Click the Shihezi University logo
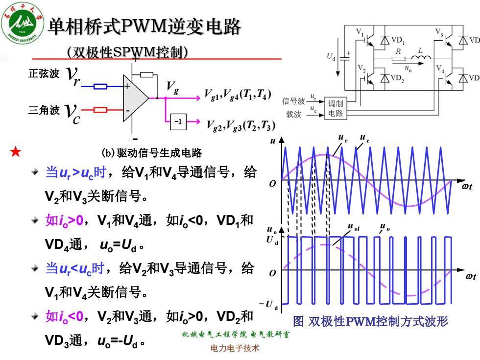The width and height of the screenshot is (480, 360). point(23,23)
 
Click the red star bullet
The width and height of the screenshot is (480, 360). point(15,151)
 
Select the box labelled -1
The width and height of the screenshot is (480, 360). point(178,121)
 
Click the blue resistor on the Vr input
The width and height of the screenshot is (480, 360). point(100,86)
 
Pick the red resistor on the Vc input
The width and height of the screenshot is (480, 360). point(100,110)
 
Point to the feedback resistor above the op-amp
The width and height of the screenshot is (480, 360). point(146,74)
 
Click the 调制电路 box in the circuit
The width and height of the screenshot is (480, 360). point(336,108)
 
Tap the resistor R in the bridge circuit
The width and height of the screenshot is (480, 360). point(399,59)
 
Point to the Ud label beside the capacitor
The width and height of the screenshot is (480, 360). point(331,57)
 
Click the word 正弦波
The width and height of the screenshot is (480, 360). point(44,74)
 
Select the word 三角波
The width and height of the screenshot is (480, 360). point(44,110)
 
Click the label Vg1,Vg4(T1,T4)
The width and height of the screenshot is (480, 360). point(238,94)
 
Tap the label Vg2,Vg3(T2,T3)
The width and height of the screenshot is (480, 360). point(241,125)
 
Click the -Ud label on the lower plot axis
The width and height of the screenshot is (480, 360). point(269,305)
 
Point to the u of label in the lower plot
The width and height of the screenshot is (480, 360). point(354,227)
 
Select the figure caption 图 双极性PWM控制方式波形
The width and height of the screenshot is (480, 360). point(370,321)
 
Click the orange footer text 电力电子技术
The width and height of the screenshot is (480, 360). point(235,348)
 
